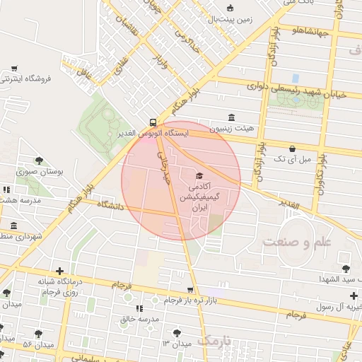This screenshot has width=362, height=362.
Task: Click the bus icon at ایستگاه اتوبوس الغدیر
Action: click(x=153, y=122)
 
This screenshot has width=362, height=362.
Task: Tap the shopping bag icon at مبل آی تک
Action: click(x=292, y=148)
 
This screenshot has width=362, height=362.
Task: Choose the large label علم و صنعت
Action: click(x=296, y=243)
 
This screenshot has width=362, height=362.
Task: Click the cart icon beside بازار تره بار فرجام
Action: click(x=190, y=290)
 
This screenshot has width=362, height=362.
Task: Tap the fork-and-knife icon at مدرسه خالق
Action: click(x=139, y=308)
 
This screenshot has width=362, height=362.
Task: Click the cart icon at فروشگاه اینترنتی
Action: click(x=14, y=69)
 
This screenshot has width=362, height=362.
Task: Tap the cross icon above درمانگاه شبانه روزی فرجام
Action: click(x=59, y=270)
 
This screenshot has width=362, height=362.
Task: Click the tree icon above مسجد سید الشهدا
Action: click(x=345, y=268)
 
